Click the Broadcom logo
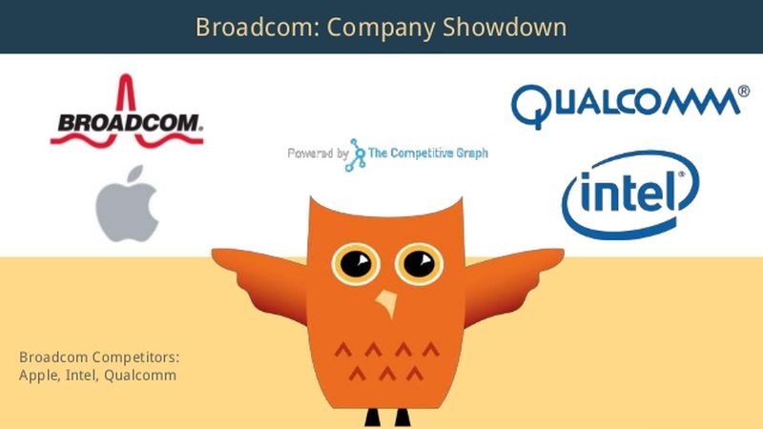tap(126, 121)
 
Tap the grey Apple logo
tap(127, 202)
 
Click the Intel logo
tap(630, 194)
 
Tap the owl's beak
tap(386, 303)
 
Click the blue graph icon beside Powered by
tap(357, 153)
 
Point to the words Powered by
tap(316, 153)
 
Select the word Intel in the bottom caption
tap(79, 375)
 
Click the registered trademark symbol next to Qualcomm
tap(743, 92)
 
